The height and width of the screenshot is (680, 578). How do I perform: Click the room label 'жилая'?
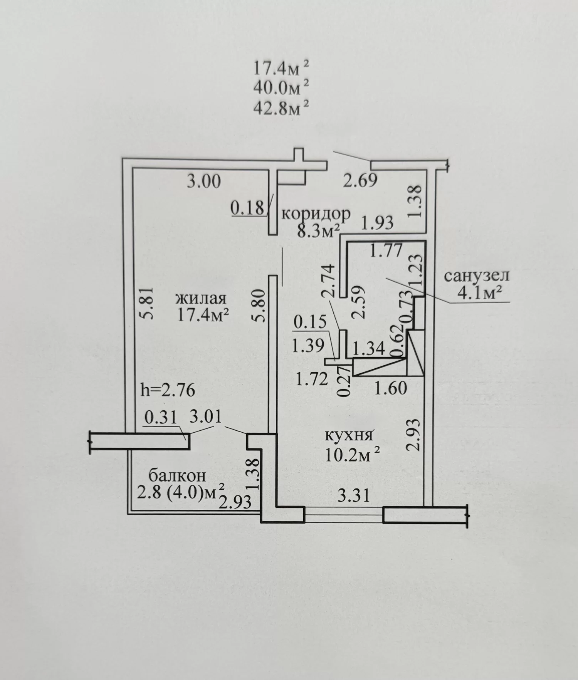200,299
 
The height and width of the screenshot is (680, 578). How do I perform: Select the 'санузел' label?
477,275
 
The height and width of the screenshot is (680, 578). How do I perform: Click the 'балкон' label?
177,476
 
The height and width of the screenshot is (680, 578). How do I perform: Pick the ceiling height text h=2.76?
168,390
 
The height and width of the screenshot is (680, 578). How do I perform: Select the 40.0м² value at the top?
281,88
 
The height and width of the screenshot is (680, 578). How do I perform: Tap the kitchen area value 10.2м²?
352,455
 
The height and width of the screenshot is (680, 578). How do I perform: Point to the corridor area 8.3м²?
318,232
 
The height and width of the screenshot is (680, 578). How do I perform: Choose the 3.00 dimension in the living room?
204,181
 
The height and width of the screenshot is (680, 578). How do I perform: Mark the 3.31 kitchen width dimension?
354,495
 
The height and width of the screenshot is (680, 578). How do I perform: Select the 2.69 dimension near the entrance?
360,180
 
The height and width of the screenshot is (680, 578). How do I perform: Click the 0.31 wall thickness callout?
160,417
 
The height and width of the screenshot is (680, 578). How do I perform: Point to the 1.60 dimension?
391,388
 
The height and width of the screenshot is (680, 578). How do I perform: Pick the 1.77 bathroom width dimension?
386,251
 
